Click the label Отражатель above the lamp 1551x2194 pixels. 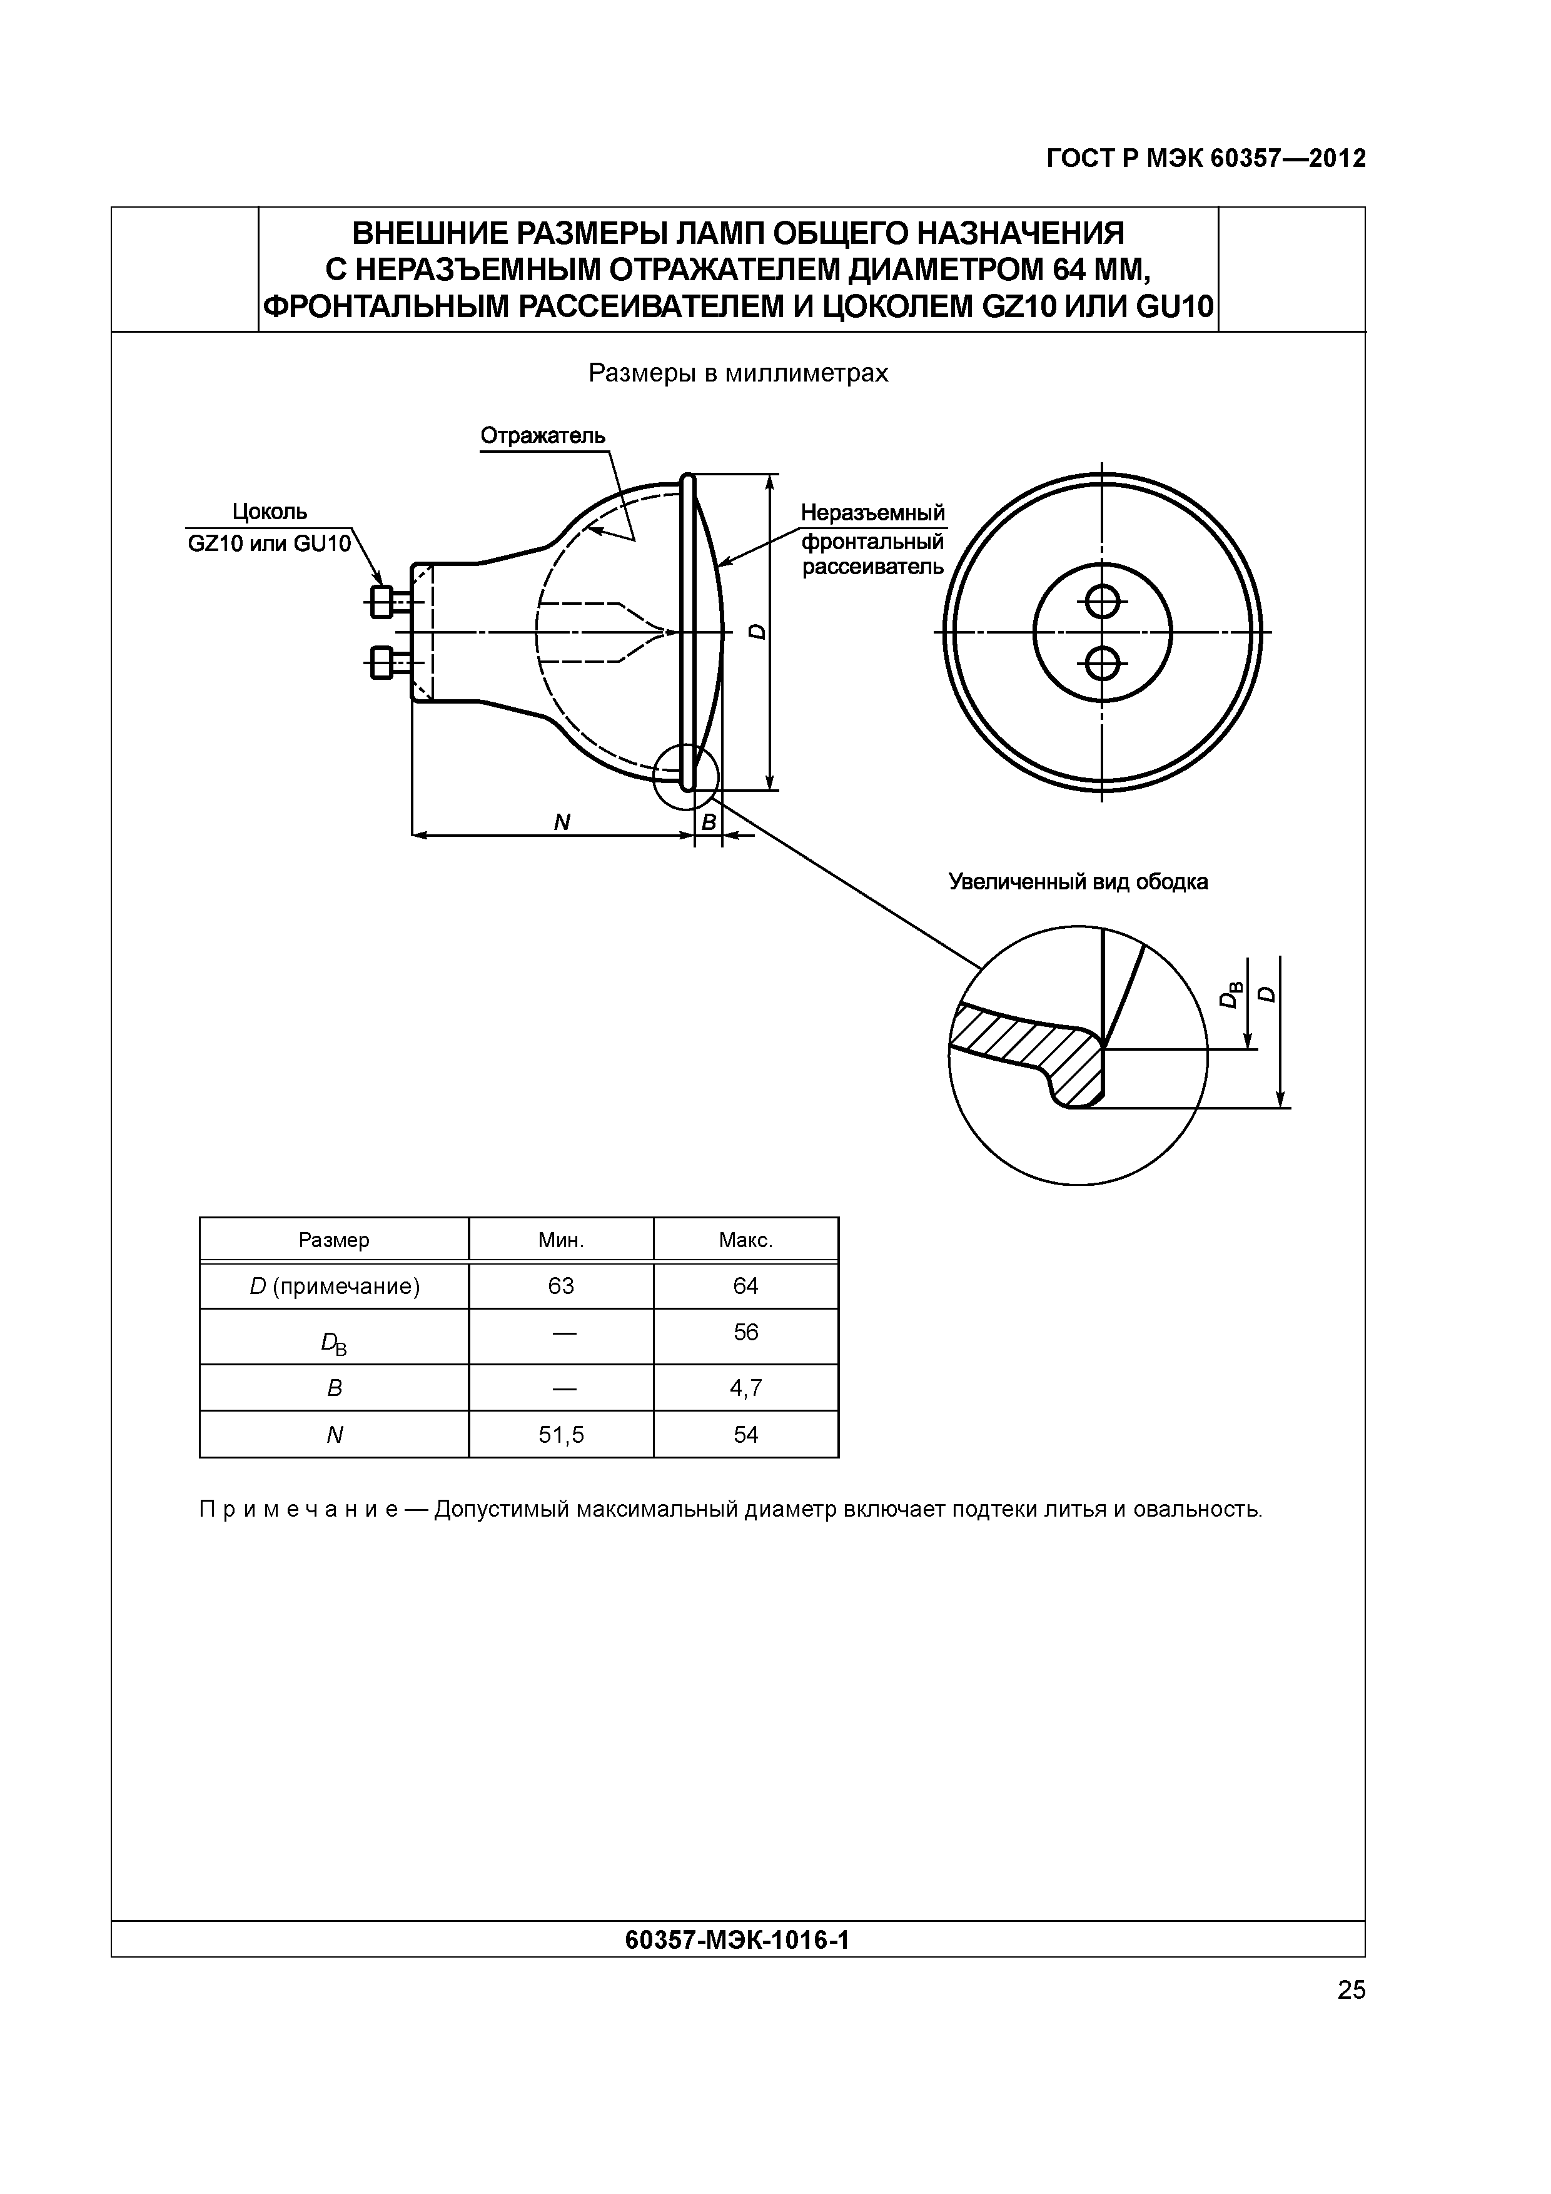542,436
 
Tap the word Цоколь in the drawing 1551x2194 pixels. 270,512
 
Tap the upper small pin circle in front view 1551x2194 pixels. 1102,601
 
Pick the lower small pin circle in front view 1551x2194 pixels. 1102,661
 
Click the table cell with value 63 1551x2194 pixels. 561,1287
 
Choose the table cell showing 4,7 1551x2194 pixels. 745,1387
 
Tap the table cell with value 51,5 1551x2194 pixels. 561,1434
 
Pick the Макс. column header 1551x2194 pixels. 745,1240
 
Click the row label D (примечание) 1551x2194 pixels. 335,1287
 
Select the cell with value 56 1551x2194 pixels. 745,1332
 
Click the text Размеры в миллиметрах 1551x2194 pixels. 738,373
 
